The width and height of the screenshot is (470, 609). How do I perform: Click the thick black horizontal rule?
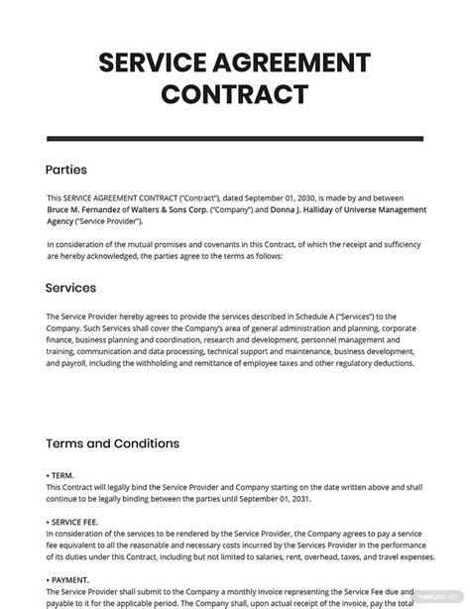click(x=235, y=138)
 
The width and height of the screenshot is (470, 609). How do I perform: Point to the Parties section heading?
click(x=66, y=170)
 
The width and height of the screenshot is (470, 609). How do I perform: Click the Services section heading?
click(x=71, y=288)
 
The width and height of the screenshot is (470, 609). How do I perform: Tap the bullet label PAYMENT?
click(x=70, y=578)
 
